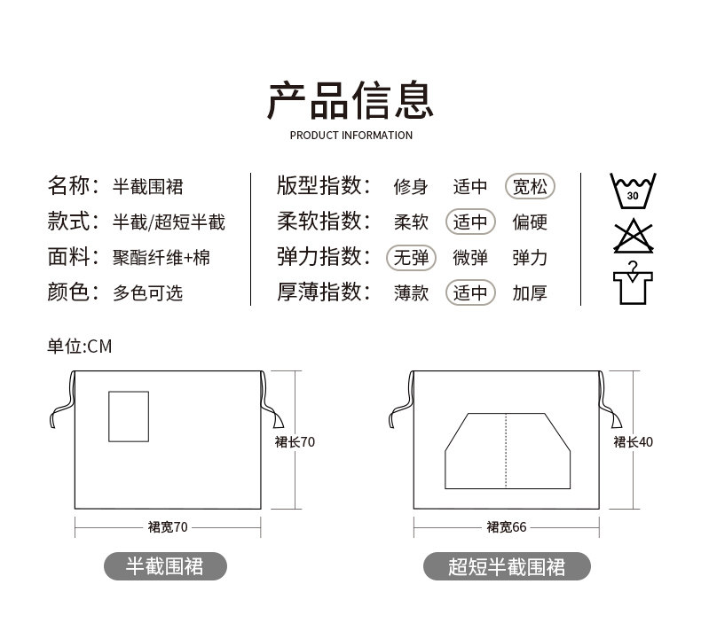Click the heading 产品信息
[x=350, y=99]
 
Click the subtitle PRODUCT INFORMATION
[x=351, y=136]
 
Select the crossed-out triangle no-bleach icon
[x=632, y=236]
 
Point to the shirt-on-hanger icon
[x=632, y=283]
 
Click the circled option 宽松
[x=530, y=187]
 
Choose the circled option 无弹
[x=411, y=258]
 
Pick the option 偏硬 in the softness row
[x=530, y=222]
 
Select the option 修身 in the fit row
[x=411, y=187]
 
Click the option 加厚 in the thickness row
[x=530, y=293]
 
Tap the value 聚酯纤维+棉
[x=161, y=258]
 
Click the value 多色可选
[x=148, y=293]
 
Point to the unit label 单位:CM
[x=80, y=347]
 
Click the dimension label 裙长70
[x=295, y=441]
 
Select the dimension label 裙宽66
[x=507, y=527]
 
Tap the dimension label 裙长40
[x=634, y=441]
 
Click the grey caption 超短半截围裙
[x=507, y=566]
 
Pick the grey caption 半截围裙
[x=165, y=566]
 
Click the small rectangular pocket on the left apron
[x=128, y=416]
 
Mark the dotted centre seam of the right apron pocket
[x=505, y=450]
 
